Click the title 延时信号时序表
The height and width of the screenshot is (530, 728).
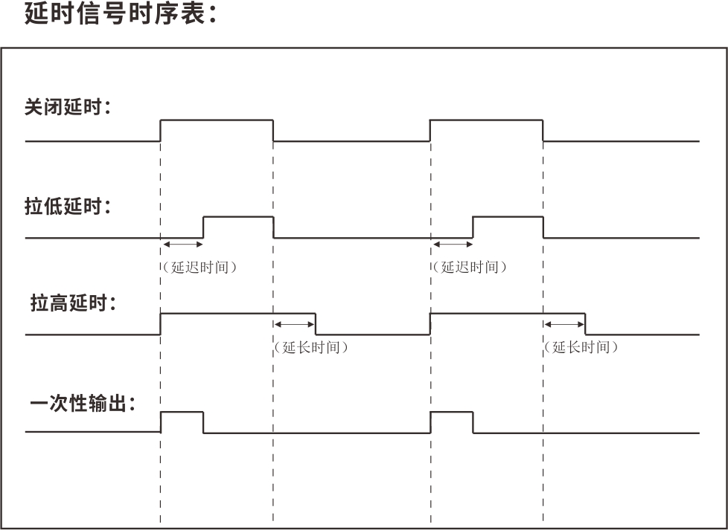(x=120, y=14)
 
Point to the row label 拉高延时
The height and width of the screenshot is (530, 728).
(x=73, y=304)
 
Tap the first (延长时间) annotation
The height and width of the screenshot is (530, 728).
(x=311, y=347)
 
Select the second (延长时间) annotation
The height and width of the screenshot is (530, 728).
(x=581, y=347)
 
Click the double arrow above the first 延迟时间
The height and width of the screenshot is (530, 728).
(x=182, y=244)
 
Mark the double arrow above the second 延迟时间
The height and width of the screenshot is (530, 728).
(x=452, y=244)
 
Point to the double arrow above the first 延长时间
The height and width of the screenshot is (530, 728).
(x=295, y=324)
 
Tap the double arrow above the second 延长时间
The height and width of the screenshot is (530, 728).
(x=564, y=324)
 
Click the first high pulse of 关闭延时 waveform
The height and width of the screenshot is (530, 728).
(x=217, y=120)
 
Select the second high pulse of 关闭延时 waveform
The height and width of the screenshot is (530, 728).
(x=486, y=120)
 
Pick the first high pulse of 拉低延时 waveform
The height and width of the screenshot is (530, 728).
(x=238, y=217)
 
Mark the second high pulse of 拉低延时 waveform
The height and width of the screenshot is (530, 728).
(x=508, y=217)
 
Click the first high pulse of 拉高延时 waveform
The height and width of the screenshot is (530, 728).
(x=238, y=314)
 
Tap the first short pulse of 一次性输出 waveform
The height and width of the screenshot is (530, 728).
(x=182, y=413)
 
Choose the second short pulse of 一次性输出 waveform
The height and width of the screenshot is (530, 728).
(x=452, y=413)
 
